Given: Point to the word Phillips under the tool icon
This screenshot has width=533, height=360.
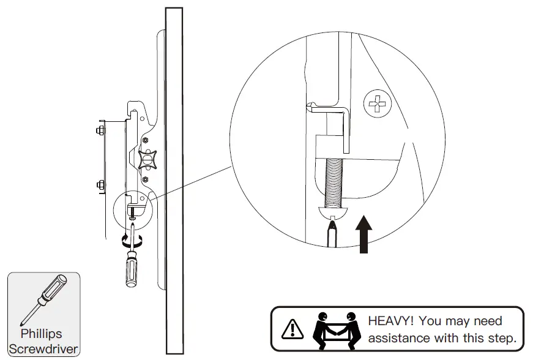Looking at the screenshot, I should click(x=42, y=334).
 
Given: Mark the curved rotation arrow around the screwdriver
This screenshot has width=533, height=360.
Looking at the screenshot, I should click(x=132, y=241).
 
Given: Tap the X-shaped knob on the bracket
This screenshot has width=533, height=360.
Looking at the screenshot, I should click(x=147, y=160).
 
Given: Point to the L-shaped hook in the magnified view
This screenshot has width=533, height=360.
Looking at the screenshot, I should click(x=334, y=122).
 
